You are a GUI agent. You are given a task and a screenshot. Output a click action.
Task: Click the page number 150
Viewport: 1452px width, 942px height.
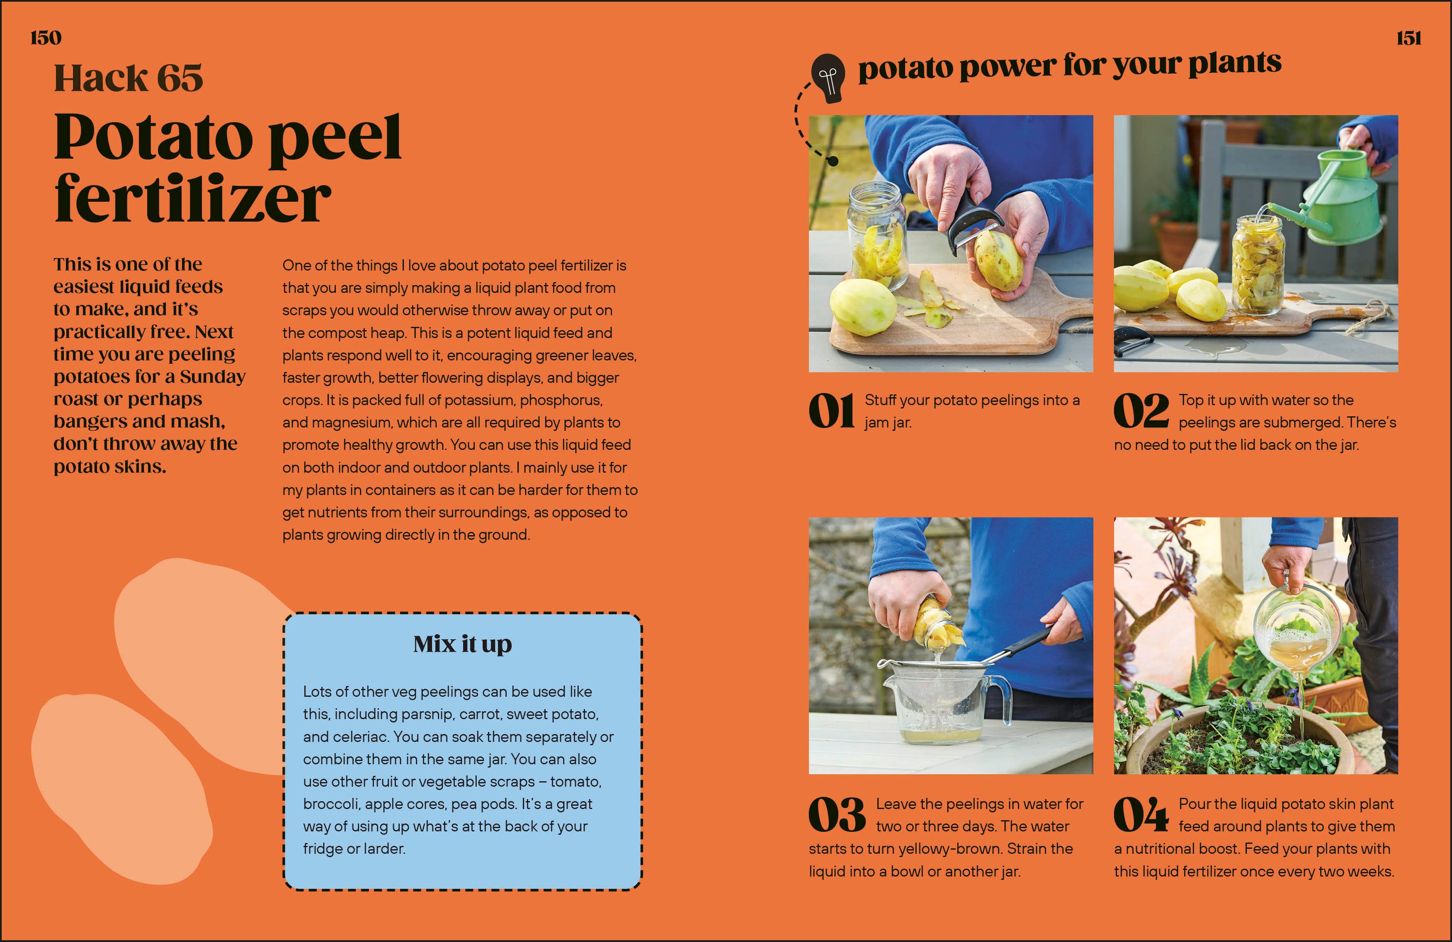coord(46,38)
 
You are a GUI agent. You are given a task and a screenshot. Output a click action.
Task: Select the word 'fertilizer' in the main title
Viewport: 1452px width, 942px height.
coord(192,198)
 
